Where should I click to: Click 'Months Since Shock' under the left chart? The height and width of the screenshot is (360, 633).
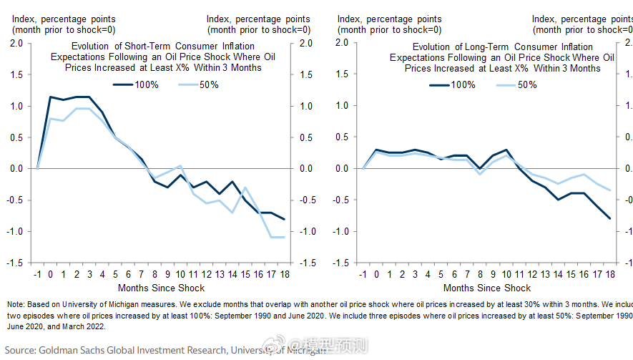[x=161, y=288]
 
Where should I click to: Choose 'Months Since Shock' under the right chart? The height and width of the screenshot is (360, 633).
[x=487, y=288]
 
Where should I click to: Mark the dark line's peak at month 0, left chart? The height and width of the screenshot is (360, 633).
[x=50, y=97]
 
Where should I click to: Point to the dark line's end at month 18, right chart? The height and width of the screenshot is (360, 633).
[x=610, y=218]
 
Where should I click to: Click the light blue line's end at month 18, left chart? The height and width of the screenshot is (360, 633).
[x=285, y=237]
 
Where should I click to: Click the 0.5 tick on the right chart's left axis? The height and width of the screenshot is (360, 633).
[x=342, y=137]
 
